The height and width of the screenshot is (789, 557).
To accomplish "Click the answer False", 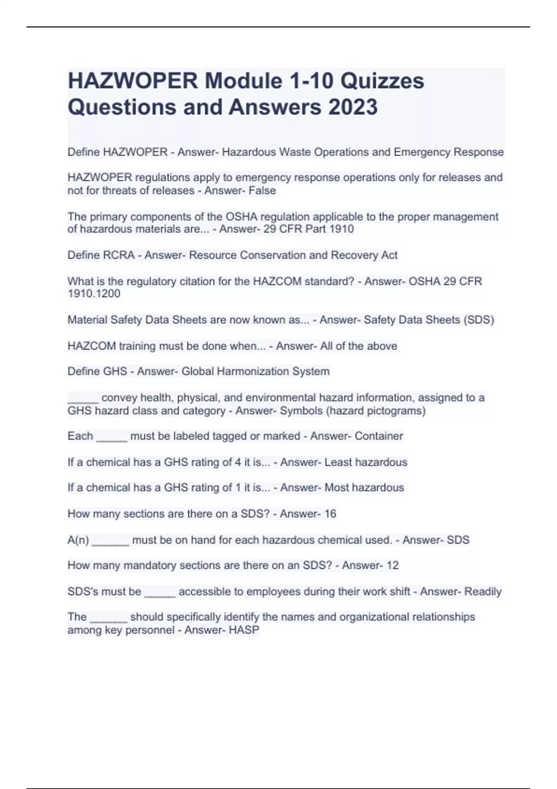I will tap(262, 191).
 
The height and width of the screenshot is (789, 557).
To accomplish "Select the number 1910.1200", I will tap(94, 294).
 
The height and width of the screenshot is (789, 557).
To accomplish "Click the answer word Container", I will tap(379, 436).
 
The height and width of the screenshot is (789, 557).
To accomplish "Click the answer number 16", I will tap(330, 514).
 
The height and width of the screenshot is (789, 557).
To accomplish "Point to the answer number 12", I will tap(392, 565).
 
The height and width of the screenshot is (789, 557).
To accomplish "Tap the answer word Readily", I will tap(483, 592).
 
